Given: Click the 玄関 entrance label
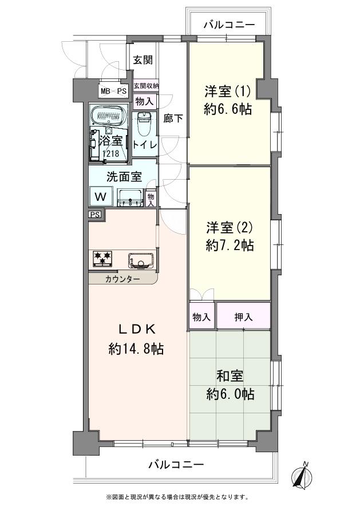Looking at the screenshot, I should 143,60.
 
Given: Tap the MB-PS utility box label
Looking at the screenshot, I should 114,91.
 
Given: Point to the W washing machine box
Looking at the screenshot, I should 100,196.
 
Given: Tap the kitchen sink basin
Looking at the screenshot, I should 140,260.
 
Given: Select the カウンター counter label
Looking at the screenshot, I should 122,279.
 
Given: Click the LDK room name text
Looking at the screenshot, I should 137,329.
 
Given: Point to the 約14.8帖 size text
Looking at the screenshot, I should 136,349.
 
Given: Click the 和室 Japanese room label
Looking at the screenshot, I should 230,376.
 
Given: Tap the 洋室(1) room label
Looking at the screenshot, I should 228,91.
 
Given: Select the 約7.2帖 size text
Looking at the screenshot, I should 230,246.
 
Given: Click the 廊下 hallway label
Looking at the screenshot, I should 173,118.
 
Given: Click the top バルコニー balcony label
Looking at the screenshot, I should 228,25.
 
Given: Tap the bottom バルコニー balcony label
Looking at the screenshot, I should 176,465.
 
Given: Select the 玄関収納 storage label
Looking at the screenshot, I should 146,86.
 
